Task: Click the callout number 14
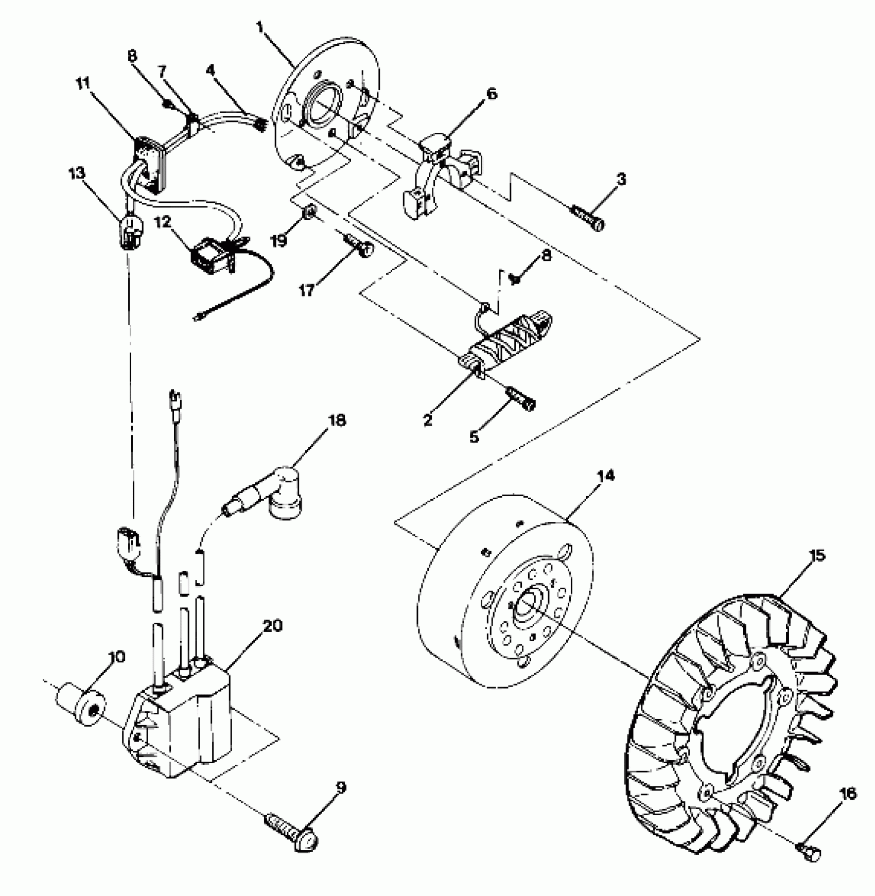(x=606, y=476)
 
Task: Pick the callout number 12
(x=163, y=223)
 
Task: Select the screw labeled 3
(x=588, y=218)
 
